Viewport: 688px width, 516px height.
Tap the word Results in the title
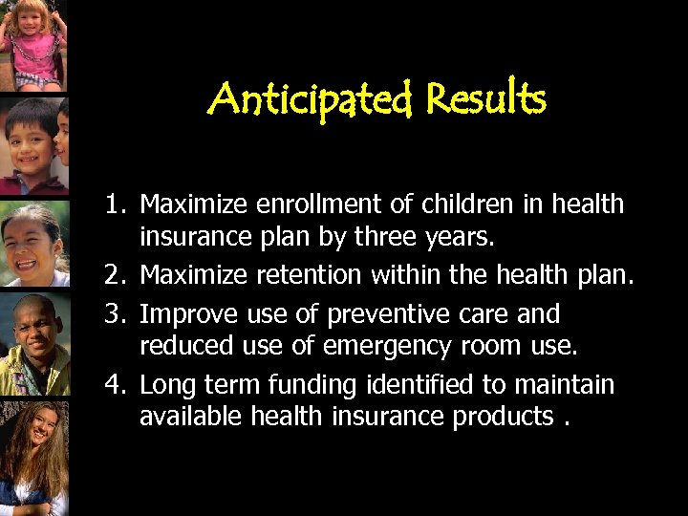pyautogui.click(x=486, y=97)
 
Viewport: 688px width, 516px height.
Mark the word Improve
pyautogui.click(x=185, y=313)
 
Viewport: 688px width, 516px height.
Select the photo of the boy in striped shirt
pyautogui.click(x=32, y=143)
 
